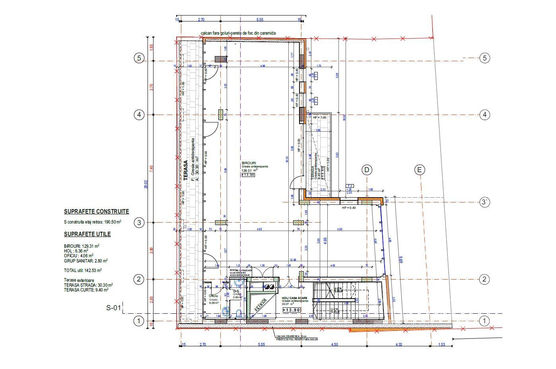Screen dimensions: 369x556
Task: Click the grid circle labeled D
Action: [x=367, y=170]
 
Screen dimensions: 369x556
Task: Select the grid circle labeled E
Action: [x=419, y=170]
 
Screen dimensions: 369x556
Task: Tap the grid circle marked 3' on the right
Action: [x=484, y=202]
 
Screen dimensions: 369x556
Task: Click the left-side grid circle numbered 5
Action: [x=139, y=58]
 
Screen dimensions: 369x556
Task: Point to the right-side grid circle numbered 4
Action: [x=484, y=115]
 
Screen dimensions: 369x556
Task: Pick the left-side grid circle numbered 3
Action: [x=139, y=222]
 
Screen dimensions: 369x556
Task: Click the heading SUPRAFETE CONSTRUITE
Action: [x=96, y=212]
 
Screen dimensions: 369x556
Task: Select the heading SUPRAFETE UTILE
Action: [x=87, y=234]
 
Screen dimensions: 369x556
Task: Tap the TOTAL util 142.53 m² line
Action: [x=83, y=270]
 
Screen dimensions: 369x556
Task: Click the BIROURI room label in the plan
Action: [x=249, y=163]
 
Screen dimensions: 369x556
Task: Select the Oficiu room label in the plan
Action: [x=213, y=296]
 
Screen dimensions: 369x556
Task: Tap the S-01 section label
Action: [x=113, y=307]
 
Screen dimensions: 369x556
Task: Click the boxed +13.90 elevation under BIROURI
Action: [x=248, y=175]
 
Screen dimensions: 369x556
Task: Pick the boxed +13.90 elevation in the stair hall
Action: [x=291, y=310]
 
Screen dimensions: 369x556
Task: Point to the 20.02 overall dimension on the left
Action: [x=146, y=185]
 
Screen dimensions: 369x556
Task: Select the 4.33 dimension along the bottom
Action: [x=399, y=345]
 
